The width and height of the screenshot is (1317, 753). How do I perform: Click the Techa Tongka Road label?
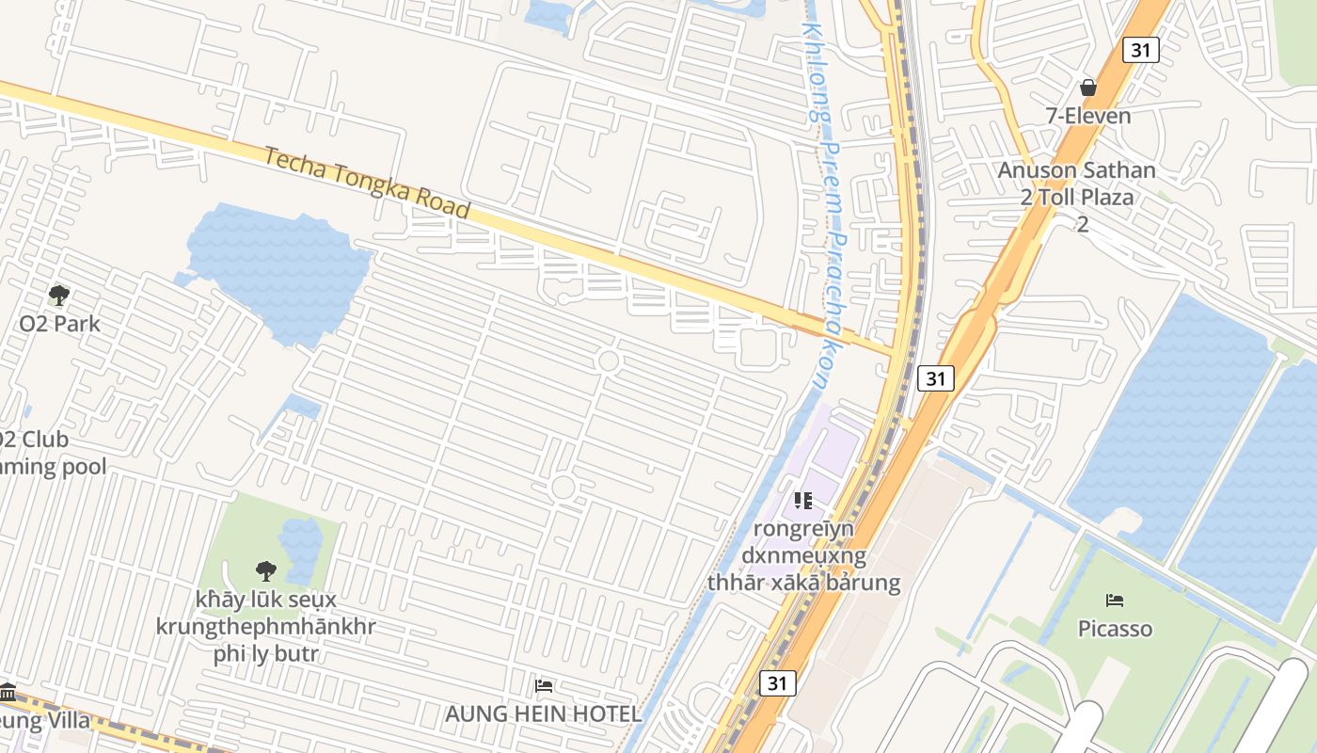[366, 182]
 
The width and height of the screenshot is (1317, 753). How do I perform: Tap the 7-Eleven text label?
[1088, 116]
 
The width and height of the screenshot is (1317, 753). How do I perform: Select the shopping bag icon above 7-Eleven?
[1088, 88]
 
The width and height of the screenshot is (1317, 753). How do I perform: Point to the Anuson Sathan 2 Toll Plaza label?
[1076, 184]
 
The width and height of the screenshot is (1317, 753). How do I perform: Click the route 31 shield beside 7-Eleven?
[1140, 50]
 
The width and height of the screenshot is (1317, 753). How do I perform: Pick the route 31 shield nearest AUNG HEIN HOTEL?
[776, 683]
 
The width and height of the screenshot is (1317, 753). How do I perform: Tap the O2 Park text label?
[59, 324]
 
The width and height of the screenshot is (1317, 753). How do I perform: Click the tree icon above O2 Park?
[59, 296]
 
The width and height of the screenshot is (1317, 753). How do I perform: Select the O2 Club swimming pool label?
[47, 453]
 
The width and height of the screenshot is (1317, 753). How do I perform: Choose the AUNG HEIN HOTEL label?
[543, 713]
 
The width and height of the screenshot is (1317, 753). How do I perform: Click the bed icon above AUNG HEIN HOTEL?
[543, 686]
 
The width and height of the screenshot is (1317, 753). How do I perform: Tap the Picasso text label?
[1115, 628]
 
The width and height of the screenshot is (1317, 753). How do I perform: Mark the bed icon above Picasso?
[1115, 600]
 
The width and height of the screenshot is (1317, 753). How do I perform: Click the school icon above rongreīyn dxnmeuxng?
[802, 500]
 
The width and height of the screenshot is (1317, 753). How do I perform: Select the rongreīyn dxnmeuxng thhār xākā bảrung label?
[803, 555]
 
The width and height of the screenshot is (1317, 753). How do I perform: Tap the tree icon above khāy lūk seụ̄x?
[266, 570]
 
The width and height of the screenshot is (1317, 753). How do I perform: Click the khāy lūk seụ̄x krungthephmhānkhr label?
[265, 626]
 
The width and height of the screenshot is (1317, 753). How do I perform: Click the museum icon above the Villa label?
[8, 693]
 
